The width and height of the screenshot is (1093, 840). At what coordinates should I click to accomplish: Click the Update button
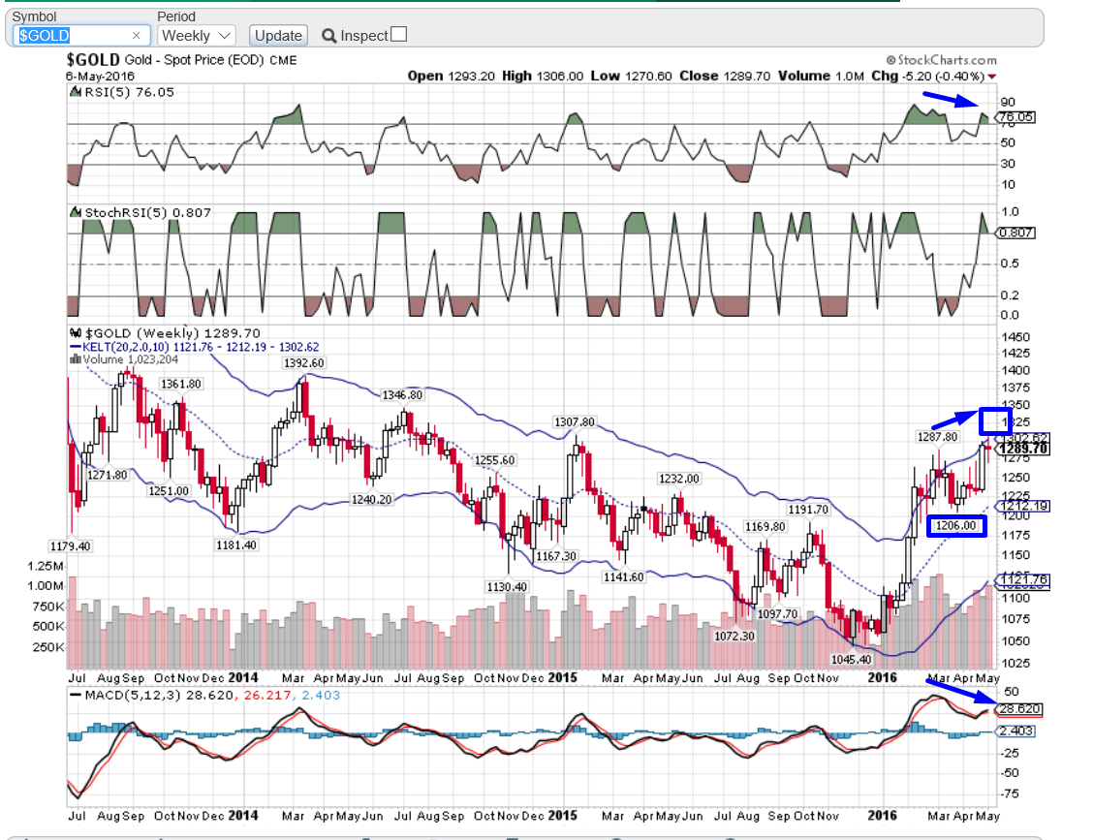[x=278, y=35]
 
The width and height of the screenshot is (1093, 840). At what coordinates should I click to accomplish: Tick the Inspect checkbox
[x=397, y=35]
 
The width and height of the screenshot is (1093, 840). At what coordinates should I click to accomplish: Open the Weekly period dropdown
[x=196, y=35]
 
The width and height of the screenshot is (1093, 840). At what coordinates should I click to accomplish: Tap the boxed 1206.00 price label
[x=955, y=526]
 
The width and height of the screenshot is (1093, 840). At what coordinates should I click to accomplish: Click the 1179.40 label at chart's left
[x=70, y=545]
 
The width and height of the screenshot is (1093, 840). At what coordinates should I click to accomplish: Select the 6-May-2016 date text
[x=101, y=76]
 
